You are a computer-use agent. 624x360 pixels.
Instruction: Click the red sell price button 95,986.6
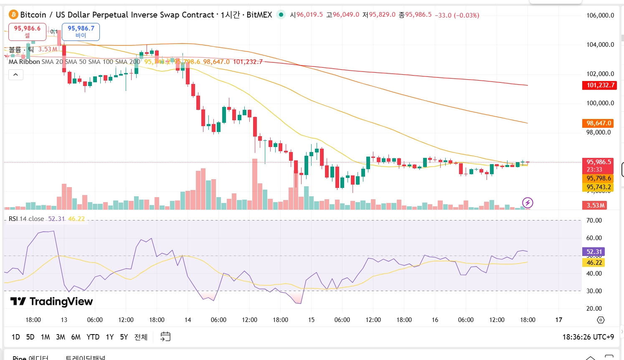tap(27, 32)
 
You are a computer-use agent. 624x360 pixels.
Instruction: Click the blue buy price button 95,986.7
tap(81, 32)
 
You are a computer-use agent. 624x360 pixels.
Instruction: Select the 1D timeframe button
tap(16, 337)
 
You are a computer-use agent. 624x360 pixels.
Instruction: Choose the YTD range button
tap(93, 337)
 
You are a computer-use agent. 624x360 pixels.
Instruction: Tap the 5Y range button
tap(124, 337)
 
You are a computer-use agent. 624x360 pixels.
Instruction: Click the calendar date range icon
tap(165, 337)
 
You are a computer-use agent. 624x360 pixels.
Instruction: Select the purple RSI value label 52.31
tap(594, 252)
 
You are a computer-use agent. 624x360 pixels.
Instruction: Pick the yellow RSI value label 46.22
tap(594, 263)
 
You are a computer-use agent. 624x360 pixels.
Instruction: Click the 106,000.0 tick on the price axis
tap(600, 15)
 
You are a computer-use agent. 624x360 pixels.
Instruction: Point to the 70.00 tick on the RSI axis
tap(594, 221)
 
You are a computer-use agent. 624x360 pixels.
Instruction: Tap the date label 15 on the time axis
tap(311, 320)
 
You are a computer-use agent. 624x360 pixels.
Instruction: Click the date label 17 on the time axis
tap(558, 320)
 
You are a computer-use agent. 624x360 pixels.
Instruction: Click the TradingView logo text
tap(52, 302)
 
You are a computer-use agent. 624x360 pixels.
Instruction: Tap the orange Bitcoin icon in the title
tap(13, 15)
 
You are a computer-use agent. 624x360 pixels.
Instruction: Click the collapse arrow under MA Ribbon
tap(15, 75)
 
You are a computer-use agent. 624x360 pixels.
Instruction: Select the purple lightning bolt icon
tap(528, 203)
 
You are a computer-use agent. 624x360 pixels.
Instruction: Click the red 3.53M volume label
tap(595, 205)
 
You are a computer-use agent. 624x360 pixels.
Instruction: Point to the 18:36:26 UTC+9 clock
tap(588, 337)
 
